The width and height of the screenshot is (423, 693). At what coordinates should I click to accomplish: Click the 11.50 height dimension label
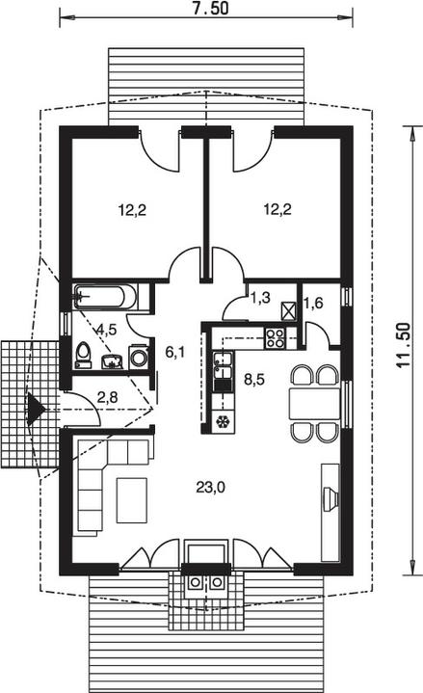click(x=403, y=346)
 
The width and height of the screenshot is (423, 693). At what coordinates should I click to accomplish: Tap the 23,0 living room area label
click(x=211, y=487)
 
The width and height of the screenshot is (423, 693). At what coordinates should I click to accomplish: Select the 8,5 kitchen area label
click(x=254, y=379)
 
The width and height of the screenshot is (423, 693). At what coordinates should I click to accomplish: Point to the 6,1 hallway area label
click(x=175, y=352)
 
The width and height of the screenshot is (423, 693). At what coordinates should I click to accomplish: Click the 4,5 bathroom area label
click(x=107, y=330)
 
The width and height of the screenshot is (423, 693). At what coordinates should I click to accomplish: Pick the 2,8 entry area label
click(x=107, y=397)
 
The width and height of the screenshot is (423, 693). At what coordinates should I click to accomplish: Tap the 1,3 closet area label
click(x=260, y=298)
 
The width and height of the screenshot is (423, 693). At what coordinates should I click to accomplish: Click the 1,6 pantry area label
click(x=313, y=303)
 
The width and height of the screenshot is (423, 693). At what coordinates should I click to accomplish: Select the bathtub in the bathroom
click(x=105, y=297)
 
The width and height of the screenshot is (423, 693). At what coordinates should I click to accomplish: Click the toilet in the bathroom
click(x=83, y=355)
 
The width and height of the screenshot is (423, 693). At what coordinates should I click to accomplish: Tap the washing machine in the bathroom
click(x=139, y=358)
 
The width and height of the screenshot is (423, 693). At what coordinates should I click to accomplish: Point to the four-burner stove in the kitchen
click(x=275, y=338)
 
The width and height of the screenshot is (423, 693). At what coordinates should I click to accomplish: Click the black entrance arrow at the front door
click(x=35, y=410)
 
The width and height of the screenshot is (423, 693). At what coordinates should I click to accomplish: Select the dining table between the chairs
click(x=315, y=403)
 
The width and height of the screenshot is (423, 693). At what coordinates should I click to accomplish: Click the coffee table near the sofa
click(x=132, y=500)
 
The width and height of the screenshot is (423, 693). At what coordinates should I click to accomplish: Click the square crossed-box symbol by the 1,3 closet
click(x=289, y=311)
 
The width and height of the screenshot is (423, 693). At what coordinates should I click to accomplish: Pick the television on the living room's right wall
click(x=330, y=499)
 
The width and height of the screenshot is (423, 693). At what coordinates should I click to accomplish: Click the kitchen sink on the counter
click(x=223, y=365)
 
